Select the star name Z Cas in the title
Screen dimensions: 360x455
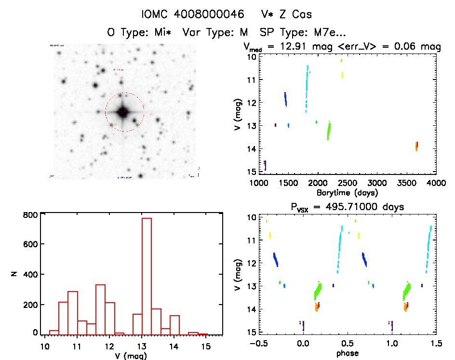pos(281,15)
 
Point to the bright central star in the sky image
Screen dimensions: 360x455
pos(123,112)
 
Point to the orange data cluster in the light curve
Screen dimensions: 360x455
pos(416,146)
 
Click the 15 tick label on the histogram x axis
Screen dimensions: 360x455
pos(206,345)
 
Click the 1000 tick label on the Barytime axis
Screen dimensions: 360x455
pos(259,183)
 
